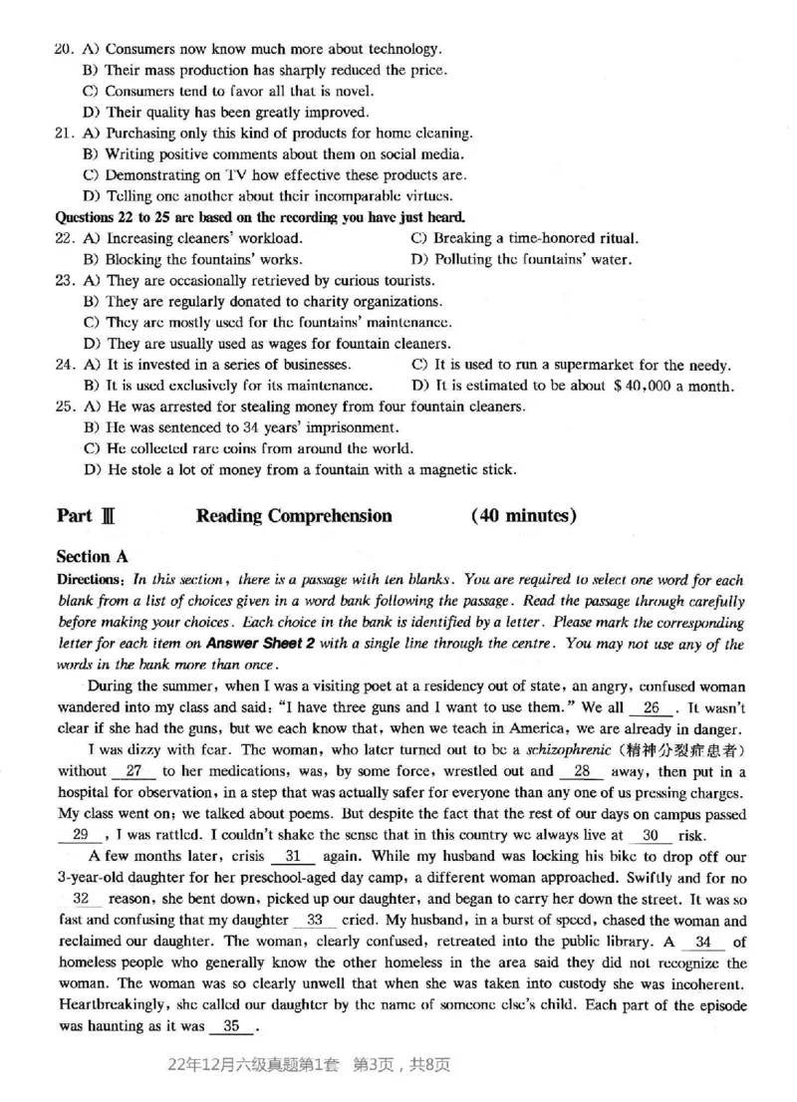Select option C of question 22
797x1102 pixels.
[x=524, y=239]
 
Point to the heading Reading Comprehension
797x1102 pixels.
[x=294, y=516]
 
